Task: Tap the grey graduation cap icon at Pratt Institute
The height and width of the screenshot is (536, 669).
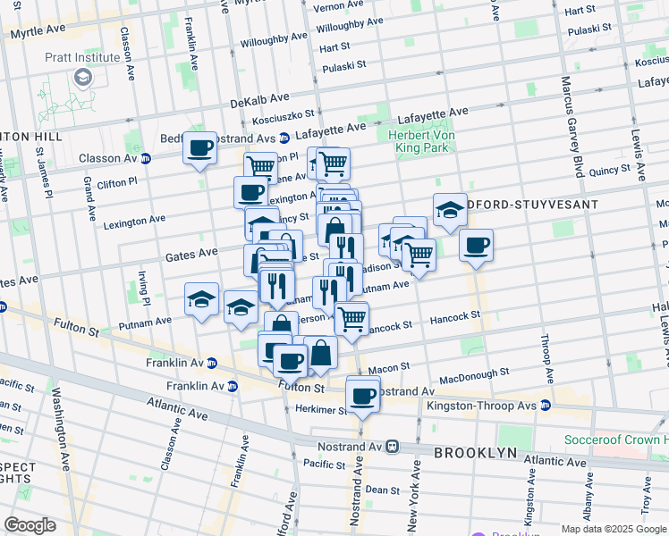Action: click(83, 77)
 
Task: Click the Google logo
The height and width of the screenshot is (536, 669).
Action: click(30, 525)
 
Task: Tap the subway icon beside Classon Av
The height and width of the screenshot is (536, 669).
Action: click(146, 158)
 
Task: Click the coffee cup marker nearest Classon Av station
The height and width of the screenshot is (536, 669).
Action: click(200, 147)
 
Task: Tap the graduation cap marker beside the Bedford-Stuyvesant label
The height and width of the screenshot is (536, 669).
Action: click(450, 210)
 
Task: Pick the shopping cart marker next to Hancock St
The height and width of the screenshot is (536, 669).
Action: click(351, 317)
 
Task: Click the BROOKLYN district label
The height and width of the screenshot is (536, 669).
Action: click(475, 453)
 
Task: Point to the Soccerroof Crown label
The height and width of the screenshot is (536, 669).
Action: click(615, 440)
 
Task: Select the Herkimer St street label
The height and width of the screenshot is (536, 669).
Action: click(321, 409)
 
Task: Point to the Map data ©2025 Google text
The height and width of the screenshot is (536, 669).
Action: click(614, 529)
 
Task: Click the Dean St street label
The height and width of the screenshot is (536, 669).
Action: click(382, 490)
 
